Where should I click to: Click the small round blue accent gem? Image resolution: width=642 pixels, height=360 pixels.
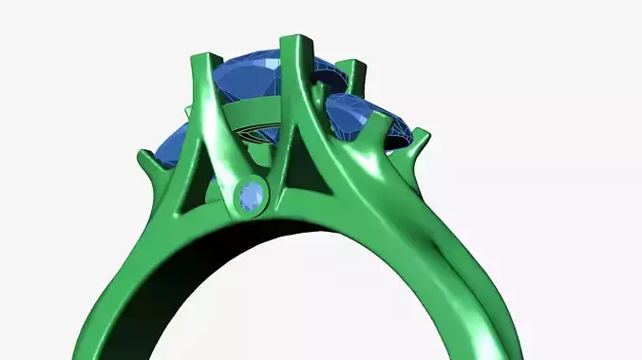tap(251, 197)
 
